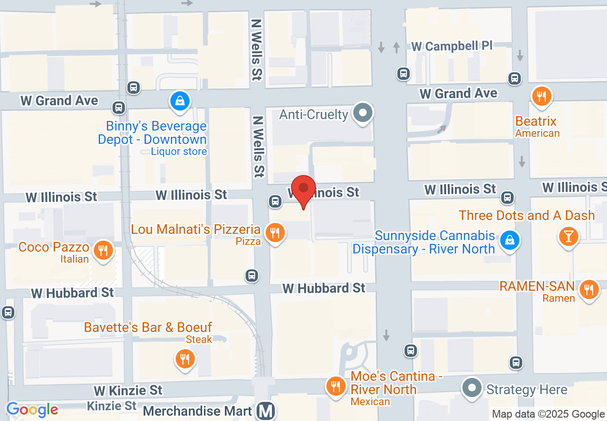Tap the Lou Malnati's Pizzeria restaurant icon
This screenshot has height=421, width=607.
pos(275,233)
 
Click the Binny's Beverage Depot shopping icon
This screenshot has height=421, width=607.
pos(180,101)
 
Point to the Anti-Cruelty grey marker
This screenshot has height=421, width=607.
pos(363,113)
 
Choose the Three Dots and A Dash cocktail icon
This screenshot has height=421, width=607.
pos(569,236)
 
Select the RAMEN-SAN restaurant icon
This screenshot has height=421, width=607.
pos(589,289)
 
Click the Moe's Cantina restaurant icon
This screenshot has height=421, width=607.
pos(336,386)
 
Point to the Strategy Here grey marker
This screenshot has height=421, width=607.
pos(472,388)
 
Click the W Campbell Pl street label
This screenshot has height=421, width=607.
pos(452,46)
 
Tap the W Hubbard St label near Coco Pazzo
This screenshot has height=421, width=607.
pos(73,293)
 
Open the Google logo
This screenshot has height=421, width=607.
pos(32,410)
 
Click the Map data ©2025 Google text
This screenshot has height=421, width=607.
pos(548,414)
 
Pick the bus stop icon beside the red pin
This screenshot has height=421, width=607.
pos(275,201)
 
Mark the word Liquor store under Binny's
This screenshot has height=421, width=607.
pos(179,152)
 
